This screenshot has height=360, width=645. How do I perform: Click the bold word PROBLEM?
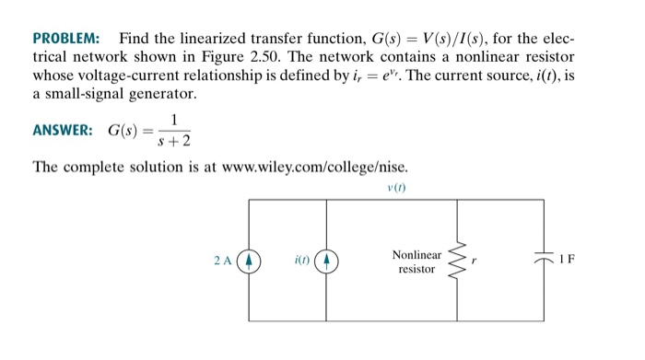tap(66, 40)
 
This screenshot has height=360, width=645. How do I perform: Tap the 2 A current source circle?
tap(250, 260)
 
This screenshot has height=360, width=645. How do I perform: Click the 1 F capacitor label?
tap(568, 258)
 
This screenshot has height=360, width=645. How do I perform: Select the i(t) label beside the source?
tap(301, 260)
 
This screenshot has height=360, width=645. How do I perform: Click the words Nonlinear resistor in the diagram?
tap(416, 261)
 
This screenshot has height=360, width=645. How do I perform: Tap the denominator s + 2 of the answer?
tap(173, 141)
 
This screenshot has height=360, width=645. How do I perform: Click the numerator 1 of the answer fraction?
tap(173, 118)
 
